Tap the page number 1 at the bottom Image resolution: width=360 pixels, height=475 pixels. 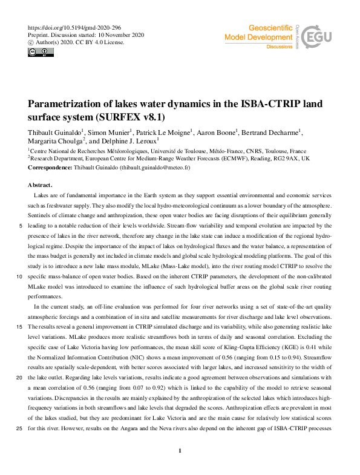180,451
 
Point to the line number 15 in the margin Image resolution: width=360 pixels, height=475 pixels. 20,326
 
